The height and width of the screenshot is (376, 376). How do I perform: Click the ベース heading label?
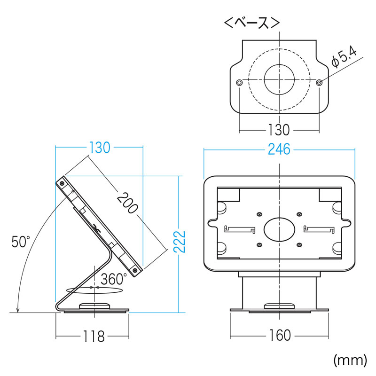pos(251,23)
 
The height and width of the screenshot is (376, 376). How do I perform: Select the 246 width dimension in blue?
pos(279,149)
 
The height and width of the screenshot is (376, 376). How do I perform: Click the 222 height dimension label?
pos(180,242)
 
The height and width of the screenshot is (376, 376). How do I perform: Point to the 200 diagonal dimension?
pos(127,203)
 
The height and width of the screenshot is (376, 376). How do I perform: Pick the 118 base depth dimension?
pos(94,336)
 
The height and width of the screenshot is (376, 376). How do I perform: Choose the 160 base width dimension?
pos(280,335)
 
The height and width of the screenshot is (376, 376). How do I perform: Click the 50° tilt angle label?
pos(21,242)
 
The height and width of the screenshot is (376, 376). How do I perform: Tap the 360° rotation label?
pos(114,279)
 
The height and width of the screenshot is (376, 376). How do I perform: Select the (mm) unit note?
pos(350,360)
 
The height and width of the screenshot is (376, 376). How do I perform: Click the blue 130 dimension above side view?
pos(100,148)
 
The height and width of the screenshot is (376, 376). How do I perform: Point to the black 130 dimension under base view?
pos(279,130)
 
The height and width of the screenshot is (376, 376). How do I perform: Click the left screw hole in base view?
pos(239,83)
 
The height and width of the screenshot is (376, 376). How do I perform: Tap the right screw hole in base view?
pos(319,83)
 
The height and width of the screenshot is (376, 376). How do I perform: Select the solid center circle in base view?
pos(279,79)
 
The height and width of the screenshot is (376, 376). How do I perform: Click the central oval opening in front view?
pos(279,229)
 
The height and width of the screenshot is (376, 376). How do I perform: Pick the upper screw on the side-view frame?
pos(62,183)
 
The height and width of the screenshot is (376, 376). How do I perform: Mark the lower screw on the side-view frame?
pos(135,270)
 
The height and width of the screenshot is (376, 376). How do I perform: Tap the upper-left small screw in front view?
pos(259,214)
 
